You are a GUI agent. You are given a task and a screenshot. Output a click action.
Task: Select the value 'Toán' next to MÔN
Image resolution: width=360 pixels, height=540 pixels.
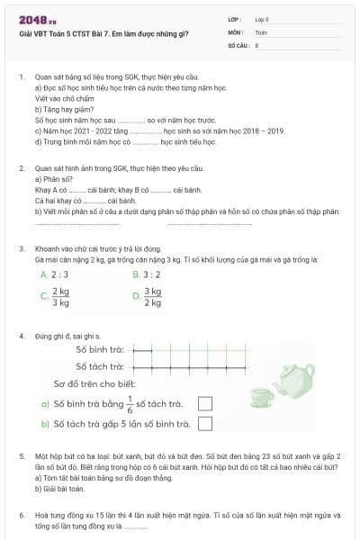(261, 31)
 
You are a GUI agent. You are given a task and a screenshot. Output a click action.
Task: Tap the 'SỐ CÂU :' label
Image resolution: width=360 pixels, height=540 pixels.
(238, 43)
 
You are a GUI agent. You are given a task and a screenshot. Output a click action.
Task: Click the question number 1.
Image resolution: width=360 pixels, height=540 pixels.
(21, 77)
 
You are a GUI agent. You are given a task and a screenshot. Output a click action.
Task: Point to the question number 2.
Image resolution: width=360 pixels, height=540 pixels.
(21, 168)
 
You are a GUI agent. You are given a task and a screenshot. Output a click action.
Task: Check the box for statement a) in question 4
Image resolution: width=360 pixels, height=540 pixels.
(204, 404)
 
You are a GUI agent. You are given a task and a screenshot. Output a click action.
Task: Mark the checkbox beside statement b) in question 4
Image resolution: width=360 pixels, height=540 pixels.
(204, 424)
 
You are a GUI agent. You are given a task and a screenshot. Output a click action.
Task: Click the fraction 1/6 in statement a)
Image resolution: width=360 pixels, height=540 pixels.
(130, 403)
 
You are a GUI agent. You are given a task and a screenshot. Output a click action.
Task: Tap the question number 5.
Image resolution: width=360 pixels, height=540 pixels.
(21, 457)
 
